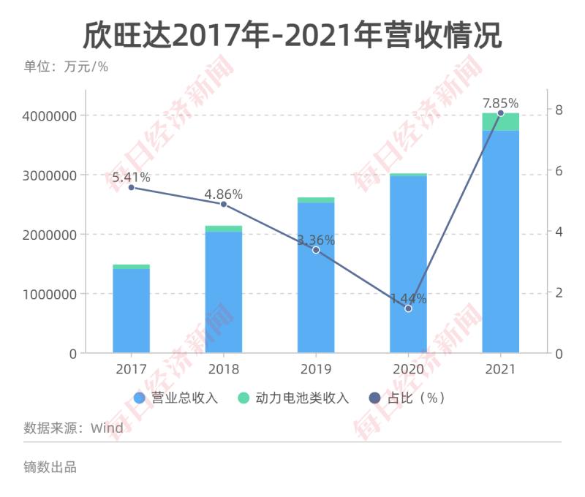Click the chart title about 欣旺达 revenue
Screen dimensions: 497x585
(292, 34)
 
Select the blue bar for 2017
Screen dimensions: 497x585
(132, 311)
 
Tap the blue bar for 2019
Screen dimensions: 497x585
(316, 278)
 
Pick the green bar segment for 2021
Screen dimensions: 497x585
(500, 122)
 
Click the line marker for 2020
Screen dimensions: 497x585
(408, 308)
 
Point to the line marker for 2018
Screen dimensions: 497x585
(224, 204)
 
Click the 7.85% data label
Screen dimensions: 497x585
(500, 103)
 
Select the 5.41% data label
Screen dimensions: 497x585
(132, 177)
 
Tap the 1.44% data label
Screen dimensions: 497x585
(408, 298)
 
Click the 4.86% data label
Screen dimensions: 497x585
(224, 194)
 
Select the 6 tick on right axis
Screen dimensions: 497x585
(559, 170)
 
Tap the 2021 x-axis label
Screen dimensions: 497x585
(500, 369)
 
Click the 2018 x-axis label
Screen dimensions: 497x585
(224, 369)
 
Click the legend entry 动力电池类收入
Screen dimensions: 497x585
(294, 398)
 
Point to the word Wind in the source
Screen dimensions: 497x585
(107, 428)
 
